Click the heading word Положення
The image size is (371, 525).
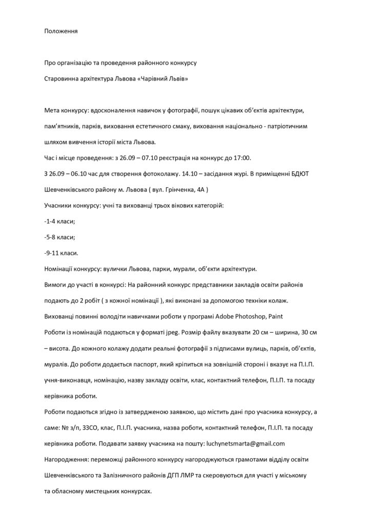point(61,31)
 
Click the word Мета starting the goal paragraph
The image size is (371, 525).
point(53,111)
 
